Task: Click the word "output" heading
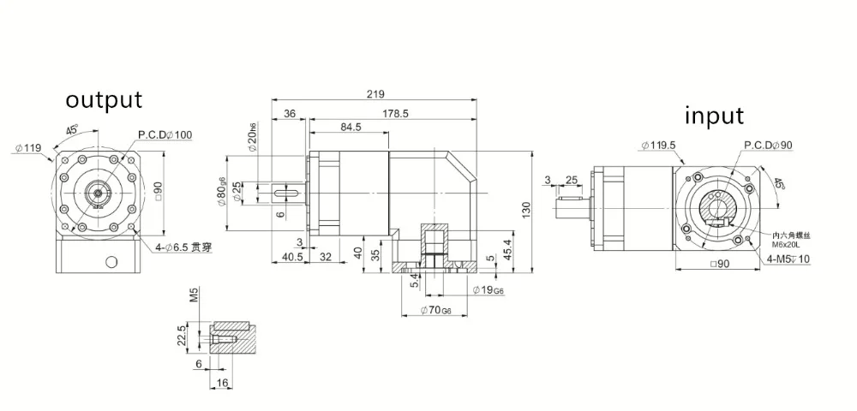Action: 105,99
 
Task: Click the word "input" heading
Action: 713,116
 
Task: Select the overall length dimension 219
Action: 375,94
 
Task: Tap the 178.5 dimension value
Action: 395,113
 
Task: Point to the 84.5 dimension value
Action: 351,128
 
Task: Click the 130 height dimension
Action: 526,210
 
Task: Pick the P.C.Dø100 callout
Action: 165,136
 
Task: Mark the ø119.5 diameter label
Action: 659,146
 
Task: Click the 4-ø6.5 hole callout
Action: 183,247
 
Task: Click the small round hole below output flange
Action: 109,262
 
